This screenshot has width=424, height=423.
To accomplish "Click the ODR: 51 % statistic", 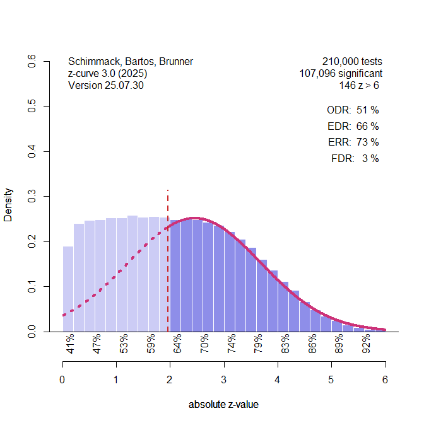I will [353, 110].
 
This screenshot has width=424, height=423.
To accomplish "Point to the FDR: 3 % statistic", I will [355, 159].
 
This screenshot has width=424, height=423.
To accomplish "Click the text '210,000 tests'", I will [352, 62].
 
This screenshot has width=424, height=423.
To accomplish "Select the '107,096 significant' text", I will [341, 74].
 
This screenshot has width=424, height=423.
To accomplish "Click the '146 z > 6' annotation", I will [359, 85].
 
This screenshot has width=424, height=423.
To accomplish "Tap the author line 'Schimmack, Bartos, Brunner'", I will [131, 62].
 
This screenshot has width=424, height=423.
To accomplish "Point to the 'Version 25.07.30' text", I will [106, 85].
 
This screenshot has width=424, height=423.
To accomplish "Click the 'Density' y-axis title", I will [8, 204].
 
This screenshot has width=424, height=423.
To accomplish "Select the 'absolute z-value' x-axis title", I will [223, 405].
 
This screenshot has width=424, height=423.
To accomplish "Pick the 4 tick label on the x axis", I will [278, 380].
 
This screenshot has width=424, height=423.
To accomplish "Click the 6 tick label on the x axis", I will [385, 380].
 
